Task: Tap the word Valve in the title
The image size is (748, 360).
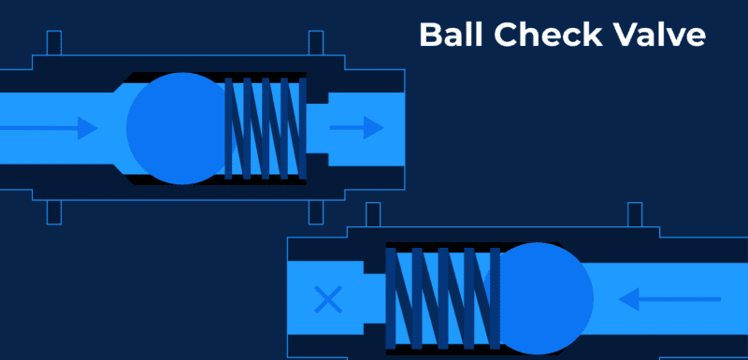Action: coord(655,35)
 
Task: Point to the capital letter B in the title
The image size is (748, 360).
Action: coord(429,35)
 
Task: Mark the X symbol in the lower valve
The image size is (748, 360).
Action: coord(327,299)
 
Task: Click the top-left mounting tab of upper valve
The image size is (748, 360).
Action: coord(53,44)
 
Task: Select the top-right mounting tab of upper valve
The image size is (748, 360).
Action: coord(316,44)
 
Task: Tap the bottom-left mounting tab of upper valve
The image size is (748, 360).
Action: coord(53,212)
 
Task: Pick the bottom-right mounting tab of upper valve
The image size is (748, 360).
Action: coord(316,212)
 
